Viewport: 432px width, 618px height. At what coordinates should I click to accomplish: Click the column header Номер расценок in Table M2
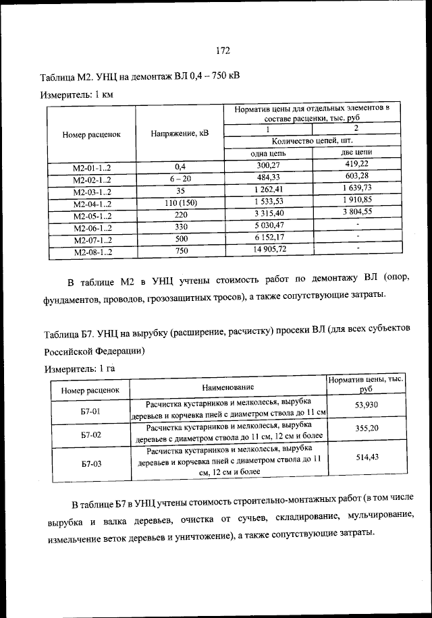[91, 134]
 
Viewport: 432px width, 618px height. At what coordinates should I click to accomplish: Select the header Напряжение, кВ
[180, 133]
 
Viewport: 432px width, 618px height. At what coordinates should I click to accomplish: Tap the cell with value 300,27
[268, 165]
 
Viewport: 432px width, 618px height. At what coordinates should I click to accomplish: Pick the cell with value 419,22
[356, 163]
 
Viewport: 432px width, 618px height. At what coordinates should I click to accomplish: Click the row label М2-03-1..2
[91, 192]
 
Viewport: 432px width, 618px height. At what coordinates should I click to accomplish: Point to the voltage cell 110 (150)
[180, 204]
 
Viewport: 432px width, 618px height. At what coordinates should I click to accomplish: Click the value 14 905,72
[268, 249]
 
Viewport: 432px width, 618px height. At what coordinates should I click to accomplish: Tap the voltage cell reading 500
[180, 239]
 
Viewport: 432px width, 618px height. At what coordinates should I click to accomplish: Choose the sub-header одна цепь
[268, 153]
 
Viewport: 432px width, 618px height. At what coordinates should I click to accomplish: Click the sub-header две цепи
[356, 152]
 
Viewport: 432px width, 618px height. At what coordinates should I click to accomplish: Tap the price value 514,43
[367, 457]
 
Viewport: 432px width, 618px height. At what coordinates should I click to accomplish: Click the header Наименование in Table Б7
[227, 387]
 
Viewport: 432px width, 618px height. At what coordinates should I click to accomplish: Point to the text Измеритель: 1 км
[76, 94]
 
